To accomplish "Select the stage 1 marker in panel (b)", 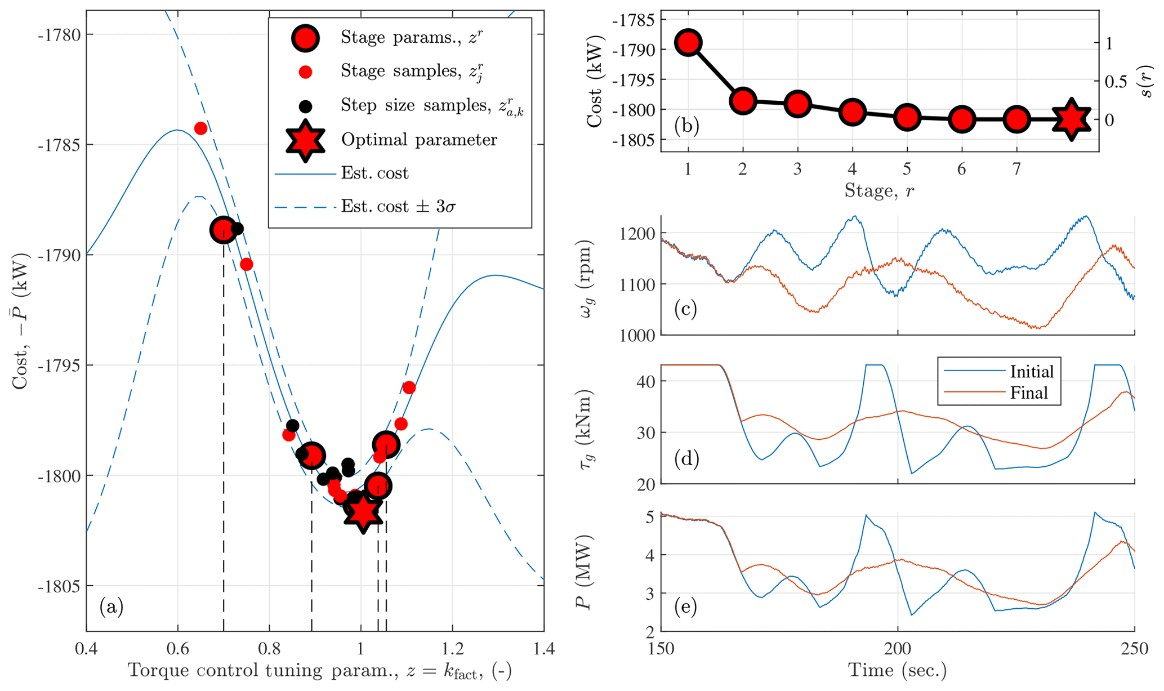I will click(x=688, y=43).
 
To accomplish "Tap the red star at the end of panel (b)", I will click(x=1072, y=119).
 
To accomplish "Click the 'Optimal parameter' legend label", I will click(x=419, y=140).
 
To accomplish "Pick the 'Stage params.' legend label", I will click(x=412, y=37).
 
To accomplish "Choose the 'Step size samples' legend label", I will click(x=432, y=106).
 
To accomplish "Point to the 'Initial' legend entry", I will click(x=1032, y=372).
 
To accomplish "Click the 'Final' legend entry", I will click(x=1029, y=393).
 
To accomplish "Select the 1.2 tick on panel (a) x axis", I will click(x=452, y=649).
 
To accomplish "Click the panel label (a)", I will click(x=111, y=607).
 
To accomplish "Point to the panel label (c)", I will click(x=685, y=309).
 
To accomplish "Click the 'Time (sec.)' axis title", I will click(x=897, y=671).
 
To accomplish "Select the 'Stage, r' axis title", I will click(x=879, y=191).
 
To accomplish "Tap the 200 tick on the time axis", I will click(x=897, y=649).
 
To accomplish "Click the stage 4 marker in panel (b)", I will click(x=852, y=113).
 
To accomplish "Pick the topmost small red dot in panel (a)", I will click(x=200, y=128).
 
